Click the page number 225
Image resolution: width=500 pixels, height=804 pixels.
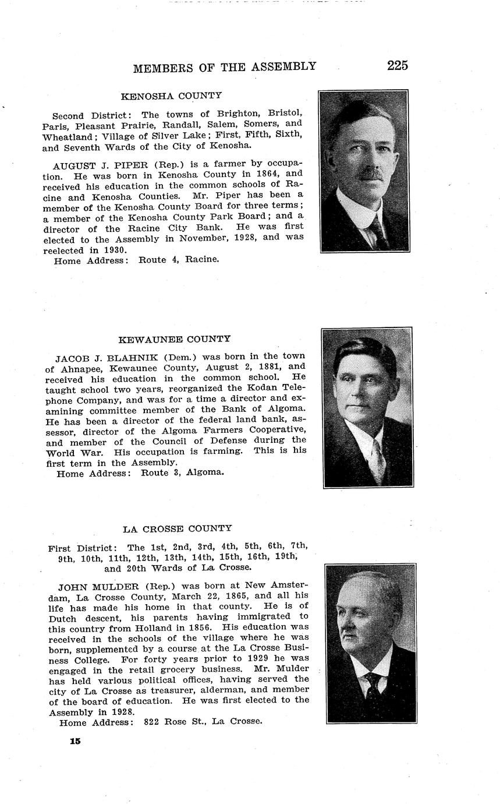[x=397, y=65]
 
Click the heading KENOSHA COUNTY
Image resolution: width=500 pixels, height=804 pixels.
[x=171, y=96]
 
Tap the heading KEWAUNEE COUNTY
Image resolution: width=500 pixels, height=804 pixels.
[x=175, y=339]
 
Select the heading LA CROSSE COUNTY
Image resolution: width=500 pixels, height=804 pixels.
[x=177, y=528]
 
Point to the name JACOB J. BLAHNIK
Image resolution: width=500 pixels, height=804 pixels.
[x=102, y=356]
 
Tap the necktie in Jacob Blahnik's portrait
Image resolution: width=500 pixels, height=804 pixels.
[x=378, y=460]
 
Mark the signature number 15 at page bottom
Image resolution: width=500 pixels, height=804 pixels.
[x=75, y=741]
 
